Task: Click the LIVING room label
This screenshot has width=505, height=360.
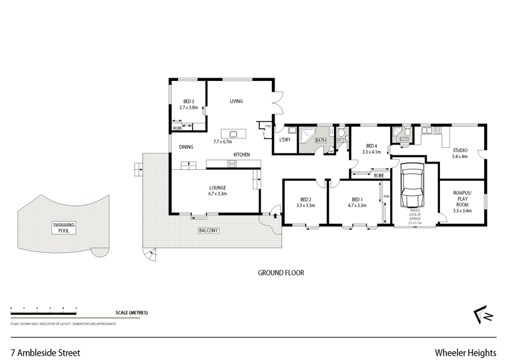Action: point(236,101)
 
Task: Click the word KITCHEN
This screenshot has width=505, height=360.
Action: point(242,155)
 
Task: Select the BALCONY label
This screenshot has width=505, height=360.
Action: point(208,231)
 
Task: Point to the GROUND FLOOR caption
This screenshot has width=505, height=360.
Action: point(281,273)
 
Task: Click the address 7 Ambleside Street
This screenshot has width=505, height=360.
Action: point(45,352)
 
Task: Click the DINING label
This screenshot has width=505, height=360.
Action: point(186,147)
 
